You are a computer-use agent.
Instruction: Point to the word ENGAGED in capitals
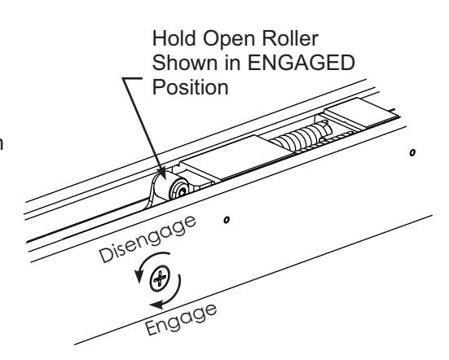coord(301,63)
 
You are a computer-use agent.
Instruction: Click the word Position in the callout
coord(190,87)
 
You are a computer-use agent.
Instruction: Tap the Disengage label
coord(147,239)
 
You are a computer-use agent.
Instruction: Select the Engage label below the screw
coord(181,319)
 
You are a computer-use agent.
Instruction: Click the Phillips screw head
coord(160,279)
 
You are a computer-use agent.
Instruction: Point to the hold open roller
coord(172,187)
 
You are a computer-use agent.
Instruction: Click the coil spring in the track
coord(302,136)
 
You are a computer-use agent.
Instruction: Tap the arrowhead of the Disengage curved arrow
coord(139,276)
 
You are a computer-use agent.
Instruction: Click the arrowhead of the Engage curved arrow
coord(157,304)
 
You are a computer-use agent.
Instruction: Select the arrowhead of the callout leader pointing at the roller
coord(161,173)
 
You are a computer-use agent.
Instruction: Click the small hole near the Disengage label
coord(227,220)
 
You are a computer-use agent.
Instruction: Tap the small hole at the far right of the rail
coord(412,152)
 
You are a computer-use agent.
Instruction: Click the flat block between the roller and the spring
coord(236,157)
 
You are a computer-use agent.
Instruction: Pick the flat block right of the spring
coord(363,112)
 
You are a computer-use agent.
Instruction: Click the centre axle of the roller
coord(182,192)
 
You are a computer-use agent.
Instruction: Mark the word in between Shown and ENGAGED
coord(232,63)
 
